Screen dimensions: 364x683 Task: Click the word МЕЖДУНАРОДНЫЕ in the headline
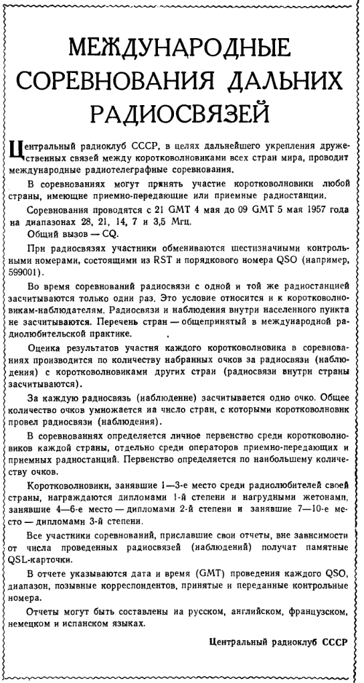[x=181, y=50]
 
